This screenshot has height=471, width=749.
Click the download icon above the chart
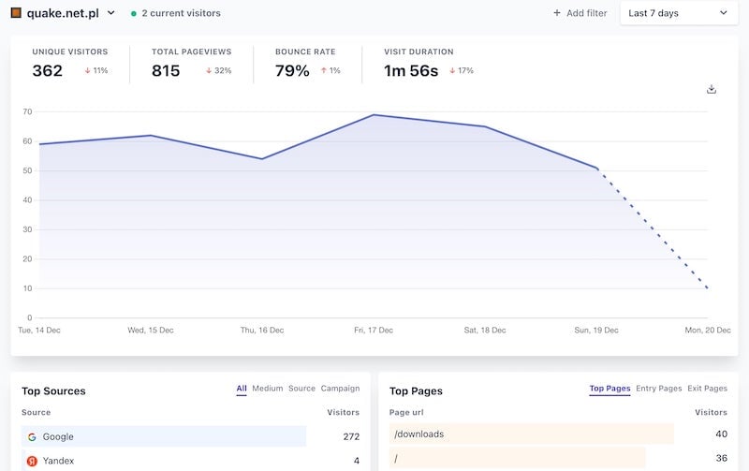(x=712, y=89)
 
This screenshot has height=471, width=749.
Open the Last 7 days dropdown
(x=679, y=13)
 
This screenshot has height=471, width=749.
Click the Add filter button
(x=580, y=13)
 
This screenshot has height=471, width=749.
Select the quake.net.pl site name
(x=63, y=13)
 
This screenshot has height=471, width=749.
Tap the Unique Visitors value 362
(x=48, y=71)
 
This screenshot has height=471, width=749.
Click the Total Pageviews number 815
(x=166, y=71)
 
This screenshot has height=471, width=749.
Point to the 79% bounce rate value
(x=292, y=71)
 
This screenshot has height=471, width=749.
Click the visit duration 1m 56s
(x=411, y=71)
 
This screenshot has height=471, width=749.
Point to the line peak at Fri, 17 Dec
(x=374, y=114)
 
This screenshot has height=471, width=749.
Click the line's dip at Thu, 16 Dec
(x=262, y=159)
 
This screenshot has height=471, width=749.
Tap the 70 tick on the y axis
(x=27, y=111)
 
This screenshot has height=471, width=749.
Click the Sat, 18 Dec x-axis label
(x=485, y=331)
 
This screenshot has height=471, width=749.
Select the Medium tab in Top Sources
(x=268, y=389)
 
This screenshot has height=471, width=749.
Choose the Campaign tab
(x=340, y=389)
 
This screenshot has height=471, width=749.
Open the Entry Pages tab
(x=659, y=389)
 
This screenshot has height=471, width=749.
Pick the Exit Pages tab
(x=708, y=389)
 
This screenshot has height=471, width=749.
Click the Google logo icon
(x=32, y=436)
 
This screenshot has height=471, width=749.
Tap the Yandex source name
(x=58, y=461)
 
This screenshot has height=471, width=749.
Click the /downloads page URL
(x=419, y=434)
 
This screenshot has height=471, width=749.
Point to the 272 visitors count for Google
(x=351, y=436)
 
